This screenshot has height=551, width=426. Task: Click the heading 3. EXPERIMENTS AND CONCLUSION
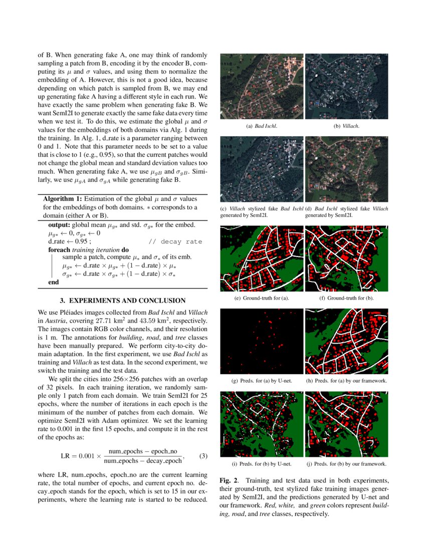[123, 301]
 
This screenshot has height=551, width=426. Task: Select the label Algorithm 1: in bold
[62, 199]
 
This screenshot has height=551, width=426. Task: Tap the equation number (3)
[203, 456]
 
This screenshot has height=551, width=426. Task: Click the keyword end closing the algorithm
[53, 282]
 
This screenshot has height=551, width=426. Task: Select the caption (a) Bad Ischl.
[262, 126]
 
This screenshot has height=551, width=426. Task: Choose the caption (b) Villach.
[346, 126]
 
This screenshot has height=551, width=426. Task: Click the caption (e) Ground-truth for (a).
[262, 298]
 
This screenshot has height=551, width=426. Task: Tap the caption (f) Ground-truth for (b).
[346, 298]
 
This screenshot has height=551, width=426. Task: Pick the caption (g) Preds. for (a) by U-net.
[262, 381]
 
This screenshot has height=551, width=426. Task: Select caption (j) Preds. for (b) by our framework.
[346, 463]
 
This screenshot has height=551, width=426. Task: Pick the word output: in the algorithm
[59, 225]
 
